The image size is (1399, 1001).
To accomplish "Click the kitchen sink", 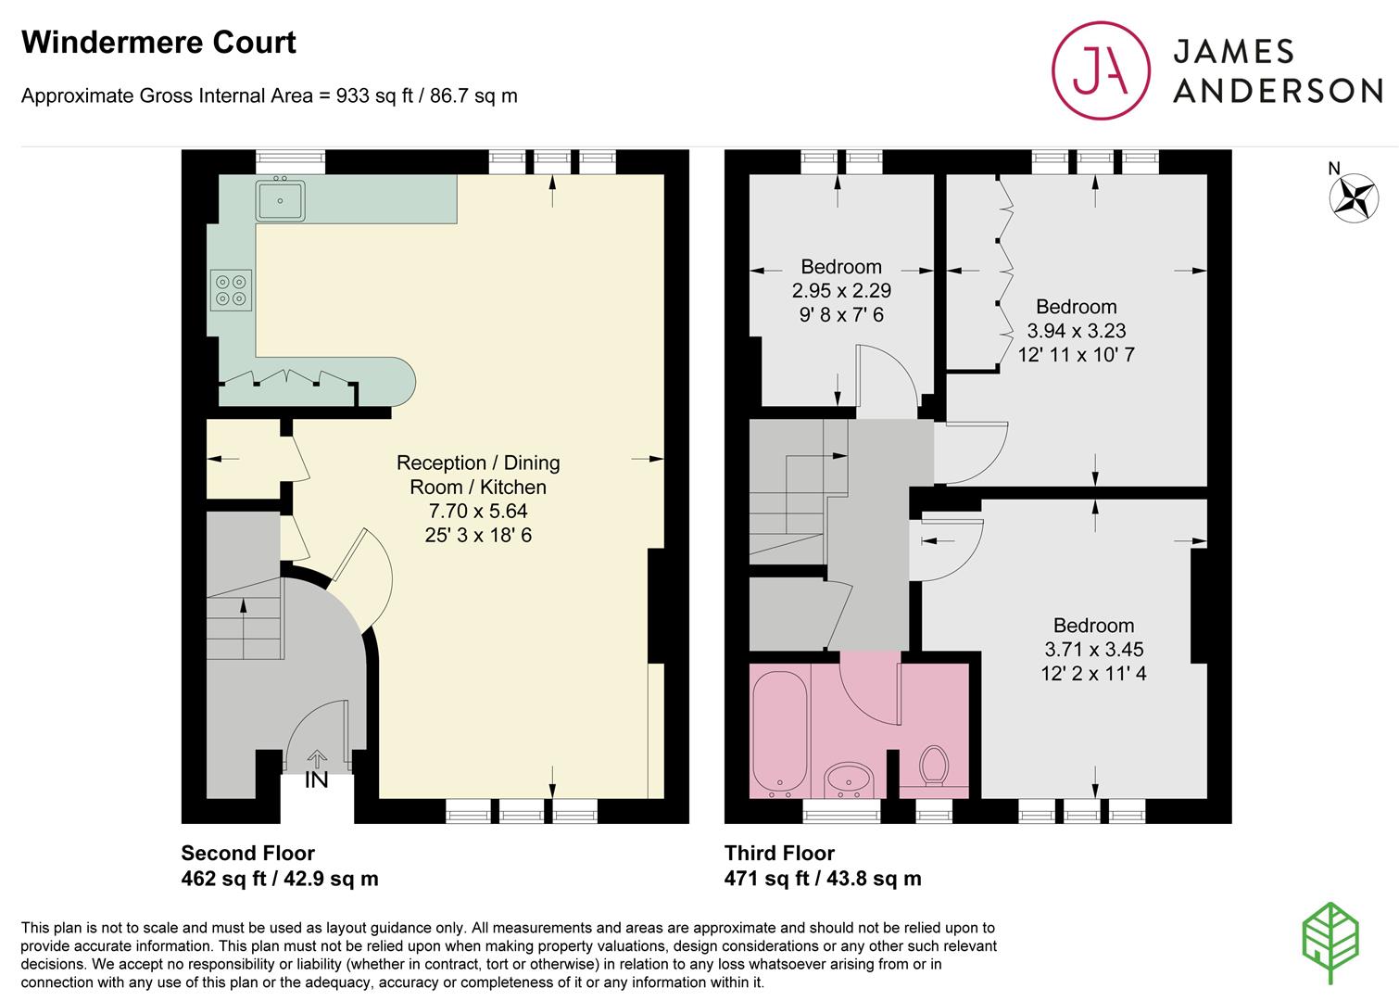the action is pos(280,200).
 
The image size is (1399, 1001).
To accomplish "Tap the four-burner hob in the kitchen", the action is pos(231,290).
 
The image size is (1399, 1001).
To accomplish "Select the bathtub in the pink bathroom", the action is pos(780,734).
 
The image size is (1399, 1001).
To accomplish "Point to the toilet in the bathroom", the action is pos(934,767).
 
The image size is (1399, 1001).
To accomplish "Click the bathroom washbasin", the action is pos(849,780).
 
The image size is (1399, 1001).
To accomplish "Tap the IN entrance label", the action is pos(317,779).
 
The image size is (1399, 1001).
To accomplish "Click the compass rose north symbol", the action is pos(1354,197).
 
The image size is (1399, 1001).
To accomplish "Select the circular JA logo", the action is pos(1101,70).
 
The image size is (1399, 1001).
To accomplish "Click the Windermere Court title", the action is pos(158,43).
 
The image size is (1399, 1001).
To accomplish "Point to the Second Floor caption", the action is pos(248,853).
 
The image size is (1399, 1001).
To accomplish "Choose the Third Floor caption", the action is pos(779,853).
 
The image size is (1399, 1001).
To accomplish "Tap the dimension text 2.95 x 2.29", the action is pos(841,290).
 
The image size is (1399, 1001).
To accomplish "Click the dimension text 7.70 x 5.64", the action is pos(478,511).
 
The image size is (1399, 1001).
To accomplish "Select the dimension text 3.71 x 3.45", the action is pos(1093,649).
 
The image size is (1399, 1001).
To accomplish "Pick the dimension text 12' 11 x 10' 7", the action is pos(1076,355).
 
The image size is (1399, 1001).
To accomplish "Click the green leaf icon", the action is pos(1330,943).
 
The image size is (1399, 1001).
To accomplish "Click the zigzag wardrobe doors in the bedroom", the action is pos(1004,272).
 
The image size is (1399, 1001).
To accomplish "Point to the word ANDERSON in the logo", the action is pos(1278,91).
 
